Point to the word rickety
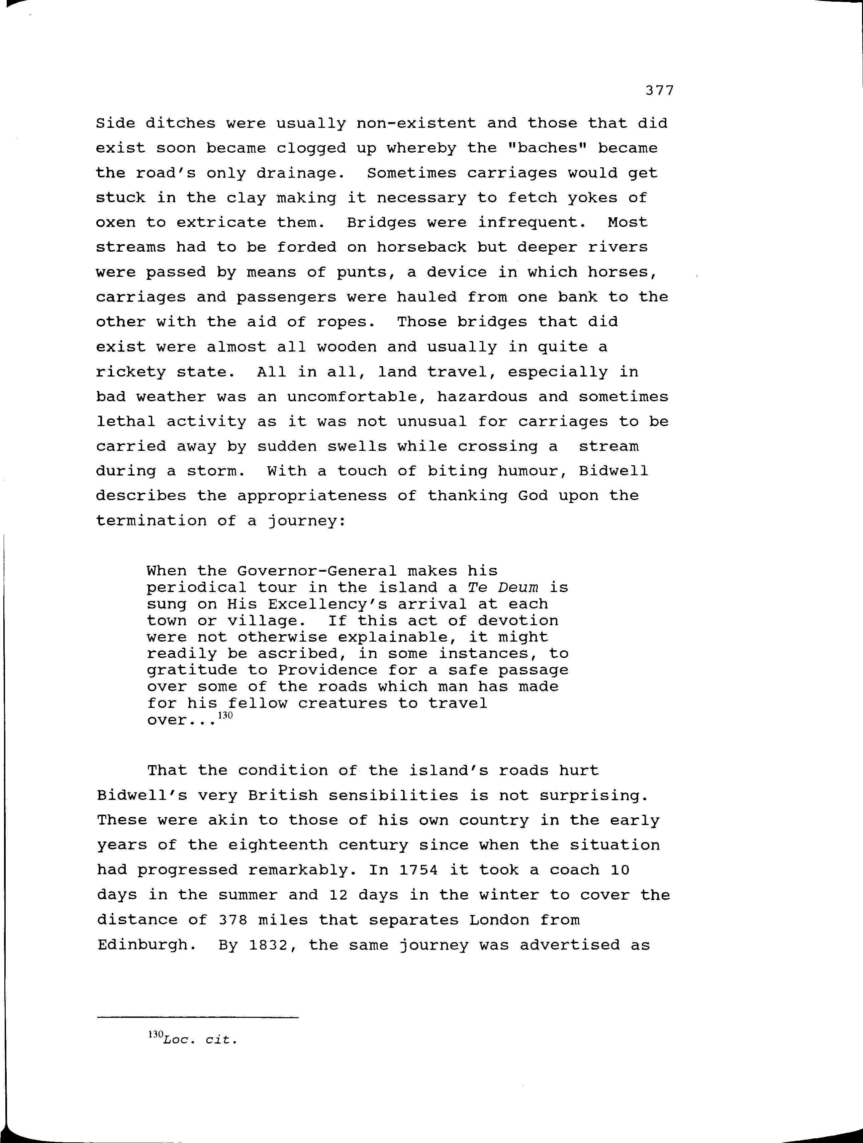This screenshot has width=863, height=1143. (x=131, y=372)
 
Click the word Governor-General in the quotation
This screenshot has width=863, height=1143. (x=317, y=571)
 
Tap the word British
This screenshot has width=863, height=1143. (x=283, y=795)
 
